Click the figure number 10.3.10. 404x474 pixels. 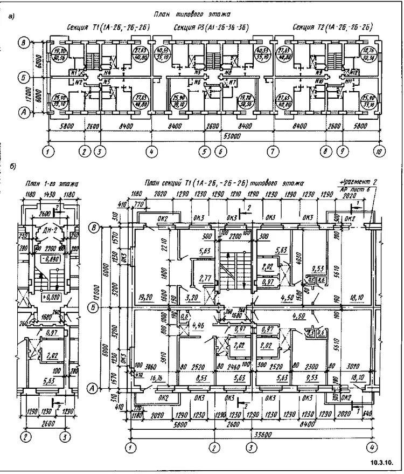[384, 462]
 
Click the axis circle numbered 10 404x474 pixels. [380, 152]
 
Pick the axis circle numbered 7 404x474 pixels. [273, 152]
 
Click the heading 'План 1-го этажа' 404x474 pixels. [52, 184]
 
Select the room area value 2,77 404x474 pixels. [204, 279]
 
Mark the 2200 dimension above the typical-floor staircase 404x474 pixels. [236, 236]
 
